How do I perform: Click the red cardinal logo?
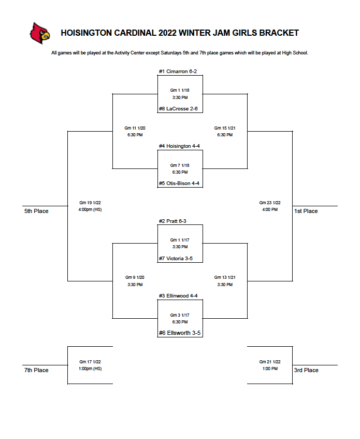[x=40, y=33]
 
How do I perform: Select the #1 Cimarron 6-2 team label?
[x=178, y=72]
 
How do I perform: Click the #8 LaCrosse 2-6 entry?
[x=178, y=109]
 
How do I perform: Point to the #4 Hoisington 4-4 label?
[x=179, y=146]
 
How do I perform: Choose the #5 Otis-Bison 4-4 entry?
[x=179, y=183]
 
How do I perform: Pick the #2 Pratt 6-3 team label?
[x=172, y=221]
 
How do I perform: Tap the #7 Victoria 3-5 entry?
[x=176, y=259]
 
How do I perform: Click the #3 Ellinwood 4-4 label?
[x=178, y=296]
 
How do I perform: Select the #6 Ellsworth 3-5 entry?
[x=180, y=333]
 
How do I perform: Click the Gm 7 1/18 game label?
[x=180, y=165]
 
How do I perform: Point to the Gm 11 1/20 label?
[x=135, y=128]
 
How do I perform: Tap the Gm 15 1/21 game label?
[x=225, y=128]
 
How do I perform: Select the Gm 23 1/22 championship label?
[x=270, y=203]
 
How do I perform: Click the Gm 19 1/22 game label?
[x=90, y=203]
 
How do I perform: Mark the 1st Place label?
[x=306, y=211]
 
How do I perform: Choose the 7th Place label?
[x=36, y=370]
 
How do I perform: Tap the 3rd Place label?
[x=306, y=370]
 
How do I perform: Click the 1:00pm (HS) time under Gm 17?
[x=90, y=369]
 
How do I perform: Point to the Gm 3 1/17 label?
[x=180, y=315]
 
